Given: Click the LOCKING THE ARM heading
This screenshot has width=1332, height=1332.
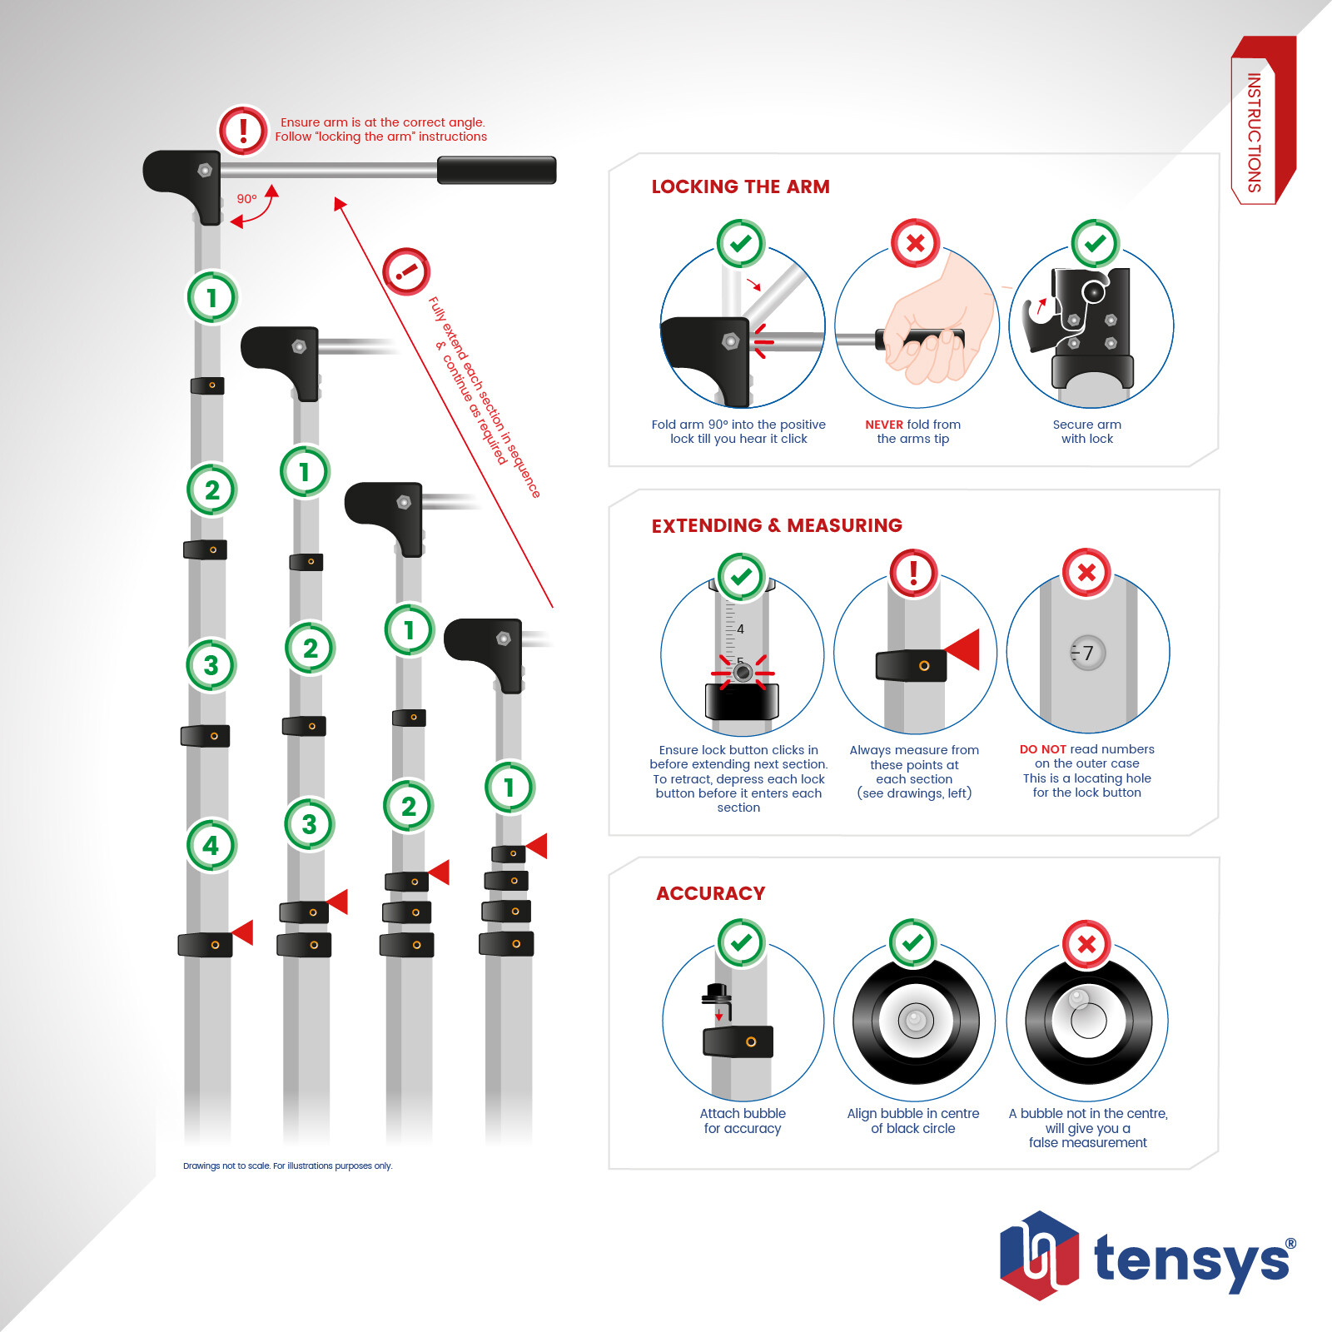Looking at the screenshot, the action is [x=740, y=186].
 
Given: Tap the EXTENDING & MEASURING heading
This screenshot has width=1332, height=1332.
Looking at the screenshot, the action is [x=777, y=525].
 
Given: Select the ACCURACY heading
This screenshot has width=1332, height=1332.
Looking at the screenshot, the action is [x=710, y=893].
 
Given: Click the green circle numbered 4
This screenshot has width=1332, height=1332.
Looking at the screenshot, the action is [x=211, y=845].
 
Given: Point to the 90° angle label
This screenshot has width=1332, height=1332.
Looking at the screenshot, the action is [x=246, y=199].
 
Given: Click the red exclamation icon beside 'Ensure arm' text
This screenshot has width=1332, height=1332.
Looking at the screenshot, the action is [x=243, y=130].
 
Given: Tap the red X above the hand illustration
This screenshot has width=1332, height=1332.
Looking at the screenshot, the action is [x=915, y=243].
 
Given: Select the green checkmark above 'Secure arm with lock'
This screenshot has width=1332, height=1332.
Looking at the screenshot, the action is [x=1096, y=243].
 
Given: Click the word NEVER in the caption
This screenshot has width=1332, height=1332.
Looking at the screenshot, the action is [x=884, y=425].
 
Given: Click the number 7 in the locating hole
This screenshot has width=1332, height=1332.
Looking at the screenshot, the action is [x=1088, y=654].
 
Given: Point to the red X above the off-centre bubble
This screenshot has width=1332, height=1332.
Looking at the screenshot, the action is [x=1086, y=944].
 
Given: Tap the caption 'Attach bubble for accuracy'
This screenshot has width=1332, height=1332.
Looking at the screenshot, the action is [x=743, y=1121].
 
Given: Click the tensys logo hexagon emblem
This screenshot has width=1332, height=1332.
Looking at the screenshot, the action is [x=1040, y=1255].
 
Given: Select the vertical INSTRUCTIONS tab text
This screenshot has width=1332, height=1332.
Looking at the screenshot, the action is [x=1254, y=133].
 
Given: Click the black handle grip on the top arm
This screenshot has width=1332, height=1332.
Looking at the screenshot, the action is [x=496, y=170].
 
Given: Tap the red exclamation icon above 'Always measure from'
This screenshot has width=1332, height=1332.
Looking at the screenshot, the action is [x=913, y=573].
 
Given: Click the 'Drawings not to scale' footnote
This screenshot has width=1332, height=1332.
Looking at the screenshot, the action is [x=287, y=1165].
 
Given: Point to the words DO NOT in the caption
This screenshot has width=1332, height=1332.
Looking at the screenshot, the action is [x=1043, y=749].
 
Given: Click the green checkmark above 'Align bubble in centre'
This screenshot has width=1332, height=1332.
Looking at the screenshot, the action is [x=913, y=942].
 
